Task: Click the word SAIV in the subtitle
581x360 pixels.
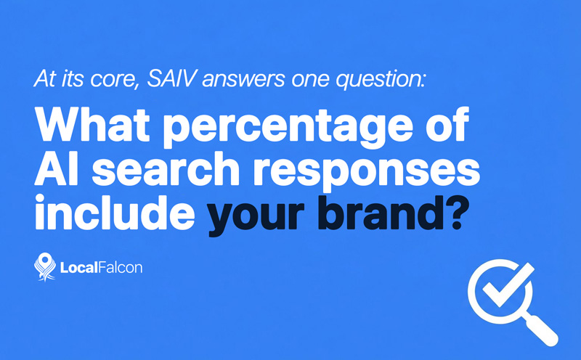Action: pyautogui.click(x=166, y=78)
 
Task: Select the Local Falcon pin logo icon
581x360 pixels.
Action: pyautogui.click(x=45, y=267)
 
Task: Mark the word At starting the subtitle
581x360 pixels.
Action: pyautogui.click(x=43, y=79)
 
